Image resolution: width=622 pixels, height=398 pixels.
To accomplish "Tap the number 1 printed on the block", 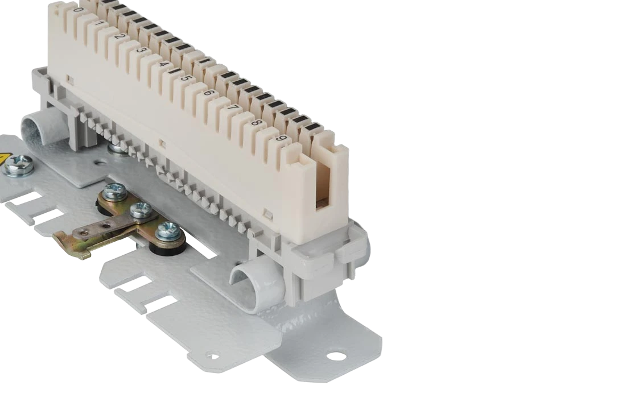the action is pyautogui.click(x=100, y=23).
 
